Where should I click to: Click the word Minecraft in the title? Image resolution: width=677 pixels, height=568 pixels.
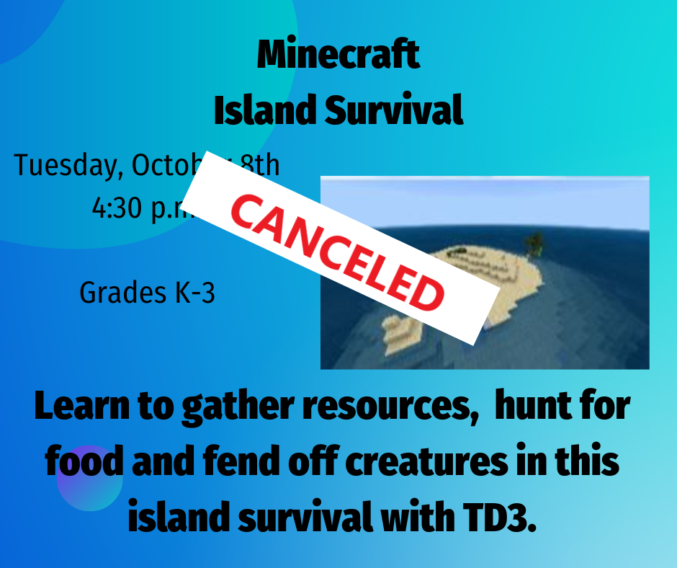click(338, 56)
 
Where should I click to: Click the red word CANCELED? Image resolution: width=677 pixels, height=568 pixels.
click(338, 248)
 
